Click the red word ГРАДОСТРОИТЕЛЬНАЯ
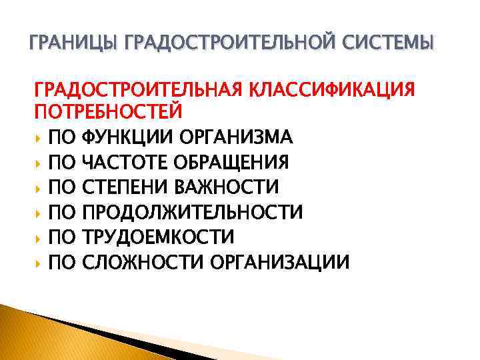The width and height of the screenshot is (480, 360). tap(135, 89)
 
